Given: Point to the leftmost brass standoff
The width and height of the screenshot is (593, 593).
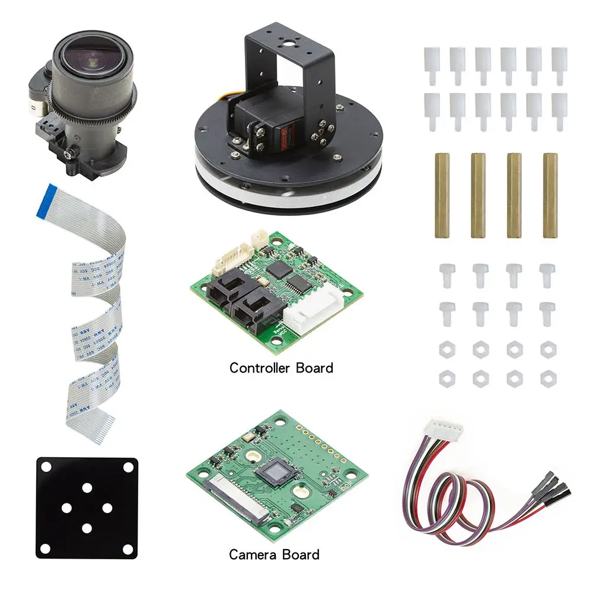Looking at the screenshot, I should [x=441, y=195].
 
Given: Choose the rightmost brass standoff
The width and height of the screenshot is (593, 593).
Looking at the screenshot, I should [x=550, y=195].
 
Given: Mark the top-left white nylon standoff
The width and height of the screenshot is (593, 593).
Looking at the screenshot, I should [x=431, y=65].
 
